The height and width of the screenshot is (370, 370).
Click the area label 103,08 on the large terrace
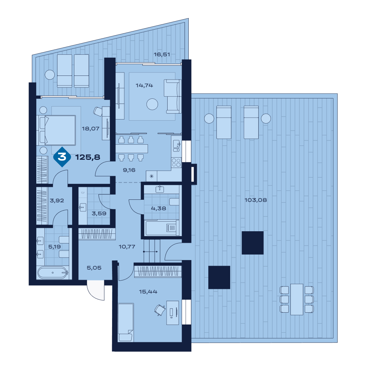click(x=256, y=200)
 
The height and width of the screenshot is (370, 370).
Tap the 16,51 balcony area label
click(x=162, y=54)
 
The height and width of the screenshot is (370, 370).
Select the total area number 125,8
click(x=88, y=157)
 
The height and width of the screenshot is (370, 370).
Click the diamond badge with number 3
click(x=62, y=157)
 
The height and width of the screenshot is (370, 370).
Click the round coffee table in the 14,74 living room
click(x=152, y=104)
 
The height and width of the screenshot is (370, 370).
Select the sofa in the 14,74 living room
click(x=173, y=96)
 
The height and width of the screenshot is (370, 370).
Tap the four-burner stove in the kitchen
click(x=176, y=162)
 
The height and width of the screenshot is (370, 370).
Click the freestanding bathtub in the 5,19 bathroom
click(x=53, y=273)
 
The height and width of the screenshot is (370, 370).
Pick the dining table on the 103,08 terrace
click(x=297, y=299)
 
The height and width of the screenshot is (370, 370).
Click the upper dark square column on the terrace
click(x=252, y=243)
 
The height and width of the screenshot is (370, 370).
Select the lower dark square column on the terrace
click(x=219, y=277)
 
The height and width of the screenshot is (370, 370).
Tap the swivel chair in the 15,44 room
click(x=160, y=310)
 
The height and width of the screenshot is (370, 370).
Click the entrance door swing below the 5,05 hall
click(x=96, y=290)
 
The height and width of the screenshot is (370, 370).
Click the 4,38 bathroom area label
click(x=158, y=208)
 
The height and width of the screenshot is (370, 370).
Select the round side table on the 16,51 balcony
click(x=50, y=75)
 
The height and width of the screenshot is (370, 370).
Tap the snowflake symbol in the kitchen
click(x=152, y=176)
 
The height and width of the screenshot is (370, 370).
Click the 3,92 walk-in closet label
click(x=57, y=201)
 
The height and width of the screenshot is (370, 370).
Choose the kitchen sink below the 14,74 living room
click(x=176, y=145)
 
